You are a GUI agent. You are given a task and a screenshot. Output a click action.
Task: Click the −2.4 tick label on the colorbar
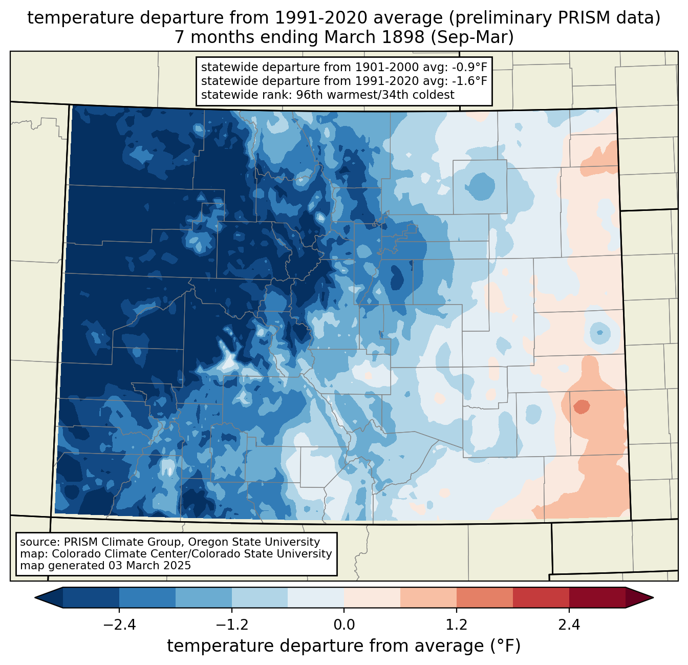119,625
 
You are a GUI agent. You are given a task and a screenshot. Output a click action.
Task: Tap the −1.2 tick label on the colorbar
231,625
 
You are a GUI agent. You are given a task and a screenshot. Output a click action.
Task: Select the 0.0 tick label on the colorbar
344,625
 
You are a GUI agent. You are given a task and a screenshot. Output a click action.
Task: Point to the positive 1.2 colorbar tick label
457,625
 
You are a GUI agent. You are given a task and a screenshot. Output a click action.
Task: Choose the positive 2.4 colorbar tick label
569,625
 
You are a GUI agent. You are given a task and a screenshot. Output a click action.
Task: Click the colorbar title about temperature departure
344,646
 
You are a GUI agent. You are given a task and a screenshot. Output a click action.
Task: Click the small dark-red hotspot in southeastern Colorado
582,407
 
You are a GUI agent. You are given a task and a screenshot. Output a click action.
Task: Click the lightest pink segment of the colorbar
372,597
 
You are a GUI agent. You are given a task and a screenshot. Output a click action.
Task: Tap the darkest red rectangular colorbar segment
597,597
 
